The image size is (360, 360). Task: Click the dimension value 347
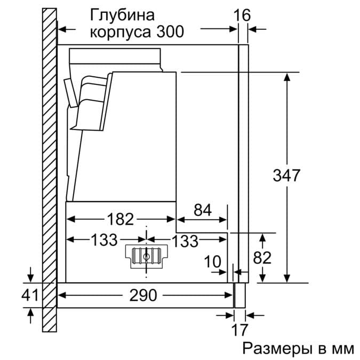coord(287,175)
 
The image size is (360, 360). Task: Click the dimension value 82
coord(261,258)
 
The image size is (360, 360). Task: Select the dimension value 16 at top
coord(242,15)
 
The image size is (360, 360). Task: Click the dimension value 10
coord(213,261)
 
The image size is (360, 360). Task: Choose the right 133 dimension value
coord(185,241)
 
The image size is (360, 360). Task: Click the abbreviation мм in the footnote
coord(341,349)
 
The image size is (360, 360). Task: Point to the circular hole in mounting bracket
coord(146,255)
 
